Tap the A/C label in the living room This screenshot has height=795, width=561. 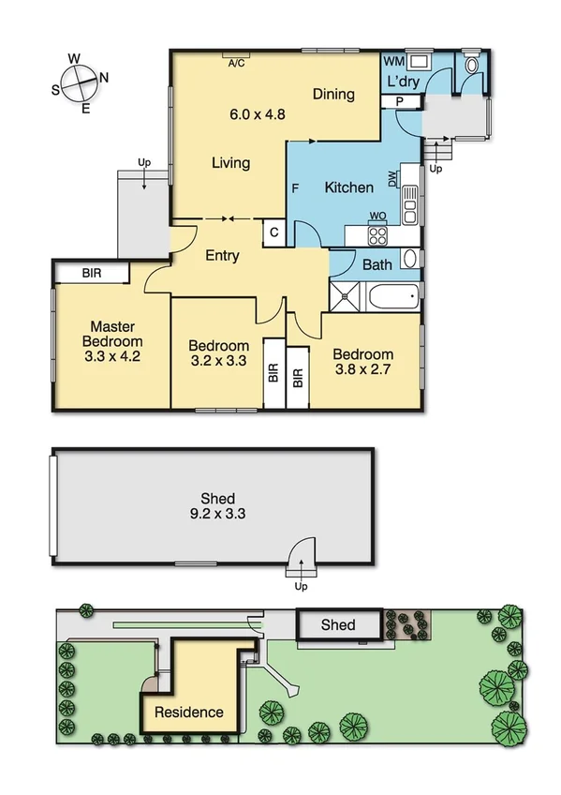(238, 63)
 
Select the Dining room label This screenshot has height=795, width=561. (333, 94)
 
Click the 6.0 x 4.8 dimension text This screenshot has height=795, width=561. (257, 115)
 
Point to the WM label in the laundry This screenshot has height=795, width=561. (393, 61)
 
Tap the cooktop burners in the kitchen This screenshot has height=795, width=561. (378, 235)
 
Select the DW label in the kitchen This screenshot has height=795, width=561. (392, 178)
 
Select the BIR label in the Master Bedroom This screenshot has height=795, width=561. (92, 273)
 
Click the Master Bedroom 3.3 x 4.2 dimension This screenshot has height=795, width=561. (111, 356)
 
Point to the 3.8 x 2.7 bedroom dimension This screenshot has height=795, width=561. (362, 370)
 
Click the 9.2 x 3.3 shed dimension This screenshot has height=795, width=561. (217, 514)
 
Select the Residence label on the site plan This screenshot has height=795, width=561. (189, 712)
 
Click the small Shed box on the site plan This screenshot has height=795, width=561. (339, 624)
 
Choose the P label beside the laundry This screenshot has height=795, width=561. (399, 100)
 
